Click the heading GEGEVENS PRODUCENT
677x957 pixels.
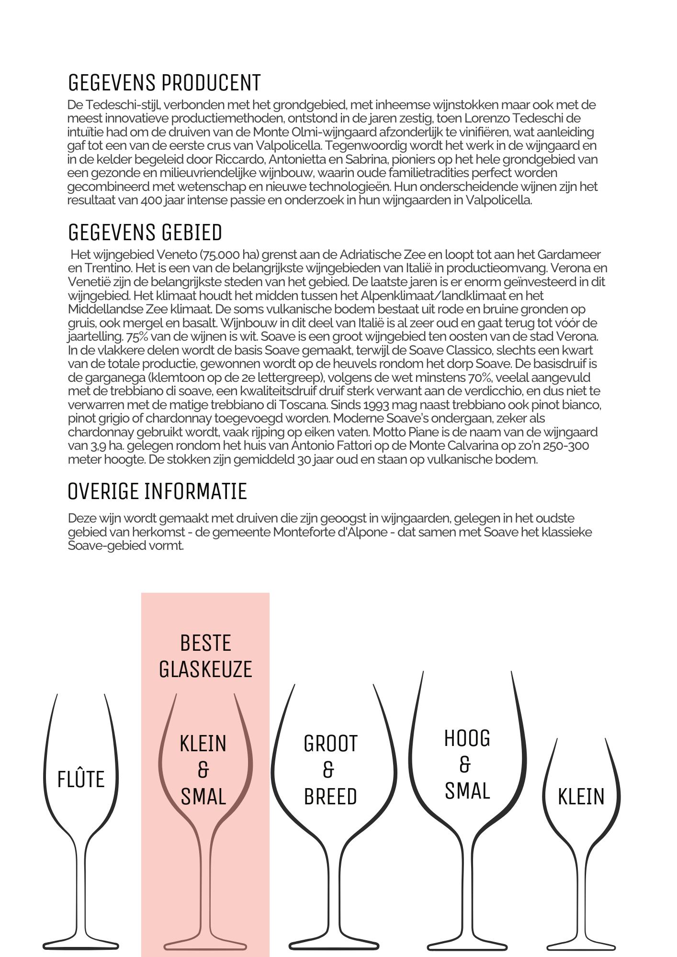tap(164, 83)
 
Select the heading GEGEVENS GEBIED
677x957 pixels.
tap(145, 233)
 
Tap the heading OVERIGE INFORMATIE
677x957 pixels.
tap(158, 491)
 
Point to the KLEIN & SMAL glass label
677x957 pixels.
tap(203, 770)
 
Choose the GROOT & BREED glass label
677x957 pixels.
tap(330, 770)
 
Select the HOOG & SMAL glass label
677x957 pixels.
tap(467, 765)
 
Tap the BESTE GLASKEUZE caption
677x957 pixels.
tap(205, 656)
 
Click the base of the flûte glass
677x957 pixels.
tap(80, 945)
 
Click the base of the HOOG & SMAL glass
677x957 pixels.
tap(467, 946)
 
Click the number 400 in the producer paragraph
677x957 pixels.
tap(151, 200)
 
